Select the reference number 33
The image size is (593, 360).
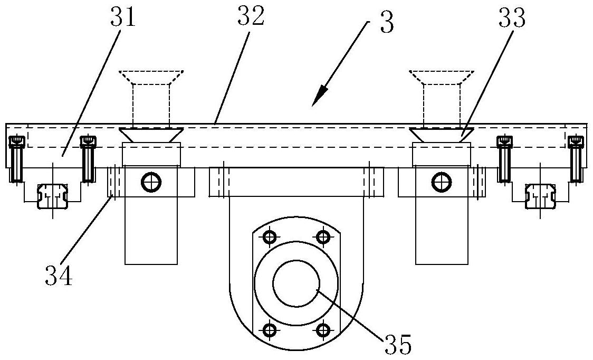click(512, 18)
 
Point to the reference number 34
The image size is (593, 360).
click(58, 275)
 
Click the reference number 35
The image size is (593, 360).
click(398, 343)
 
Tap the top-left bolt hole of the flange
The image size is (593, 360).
click(269, 238)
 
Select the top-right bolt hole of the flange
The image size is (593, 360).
click(322, 238)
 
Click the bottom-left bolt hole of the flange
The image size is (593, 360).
click(269, 329)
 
